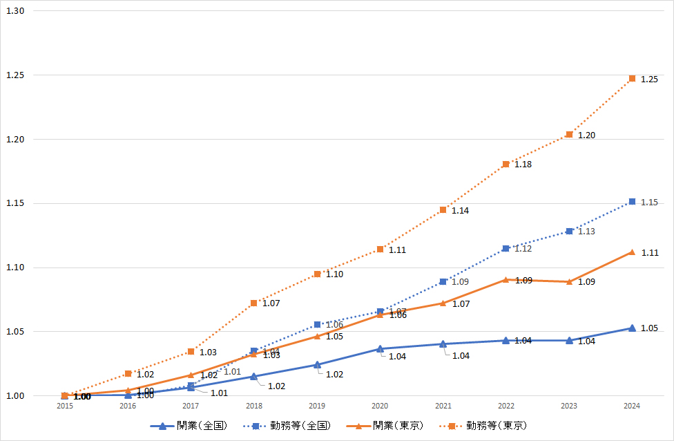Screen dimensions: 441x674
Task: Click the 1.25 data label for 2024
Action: coord(649,79)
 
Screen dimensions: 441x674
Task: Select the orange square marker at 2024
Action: coord(632,79)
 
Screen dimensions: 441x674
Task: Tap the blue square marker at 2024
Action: coord(632,202)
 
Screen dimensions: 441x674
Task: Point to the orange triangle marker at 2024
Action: coord(632,252)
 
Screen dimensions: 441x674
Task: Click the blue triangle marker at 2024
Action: coord(632,328)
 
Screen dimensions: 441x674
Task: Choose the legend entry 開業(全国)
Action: coord(189,425)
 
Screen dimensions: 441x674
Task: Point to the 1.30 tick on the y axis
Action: coord(15,11)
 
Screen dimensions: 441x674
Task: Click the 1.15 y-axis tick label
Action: coord(15,204)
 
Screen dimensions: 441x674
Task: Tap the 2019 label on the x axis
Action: coord(317,406)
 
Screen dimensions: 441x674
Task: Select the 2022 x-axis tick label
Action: coord(506,406)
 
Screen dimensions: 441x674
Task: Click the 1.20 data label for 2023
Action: coord(586,135)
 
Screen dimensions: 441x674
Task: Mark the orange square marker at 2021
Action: coord(443,210)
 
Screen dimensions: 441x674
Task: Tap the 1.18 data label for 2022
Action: coord(523,165)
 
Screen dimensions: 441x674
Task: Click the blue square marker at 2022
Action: coord(506,248)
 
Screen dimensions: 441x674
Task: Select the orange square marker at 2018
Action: coord(254,303)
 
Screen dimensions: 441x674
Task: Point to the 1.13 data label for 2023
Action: coord(586,232)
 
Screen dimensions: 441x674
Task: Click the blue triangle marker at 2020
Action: coord(380,348)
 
